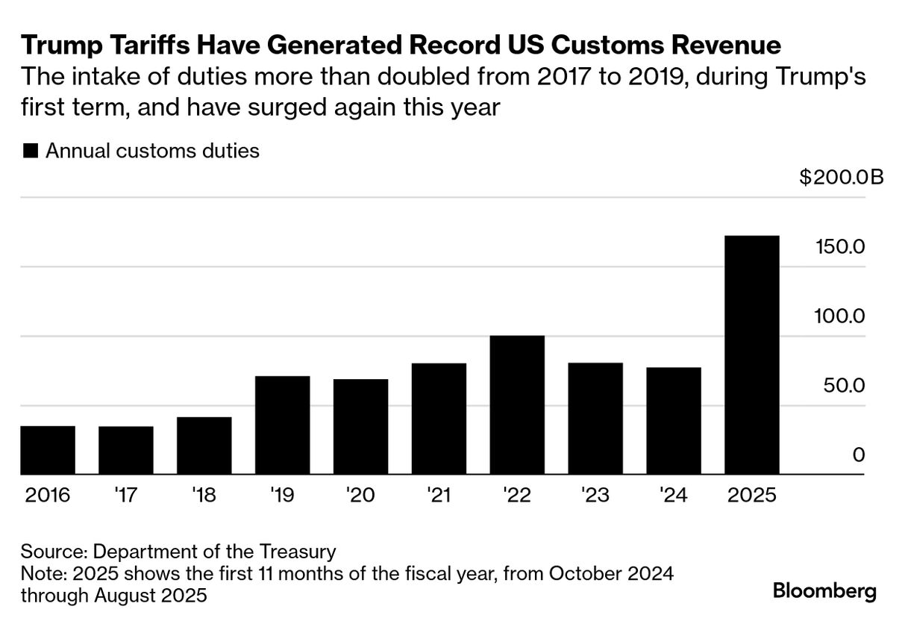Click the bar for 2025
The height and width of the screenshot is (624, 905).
click(x=752, y=355)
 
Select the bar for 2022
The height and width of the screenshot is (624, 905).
click(x=517, y=405)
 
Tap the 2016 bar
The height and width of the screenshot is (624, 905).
click(x=48, y=450)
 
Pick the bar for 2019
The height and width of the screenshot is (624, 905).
click(x=282, y=425)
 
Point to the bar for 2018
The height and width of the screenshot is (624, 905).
click(x=204, y=446)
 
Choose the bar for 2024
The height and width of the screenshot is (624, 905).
click(x=674, y=421)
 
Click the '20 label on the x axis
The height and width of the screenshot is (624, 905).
click(x=360, y=495)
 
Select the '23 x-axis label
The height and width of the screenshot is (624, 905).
click(x=595, y=495)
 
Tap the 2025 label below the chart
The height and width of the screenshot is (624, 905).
click(x=752, y=495)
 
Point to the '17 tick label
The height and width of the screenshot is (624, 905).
click(x=125, y=495)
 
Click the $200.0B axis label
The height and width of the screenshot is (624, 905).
click(x=841, y=178)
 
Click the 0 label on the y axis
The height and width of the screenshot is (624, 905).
click(x=858, y=455)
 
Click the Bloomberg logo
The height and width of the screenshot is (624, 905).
click(x=824, y=592)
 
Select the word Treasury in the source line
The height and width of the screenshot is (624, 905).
click(x=296, y=552)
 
